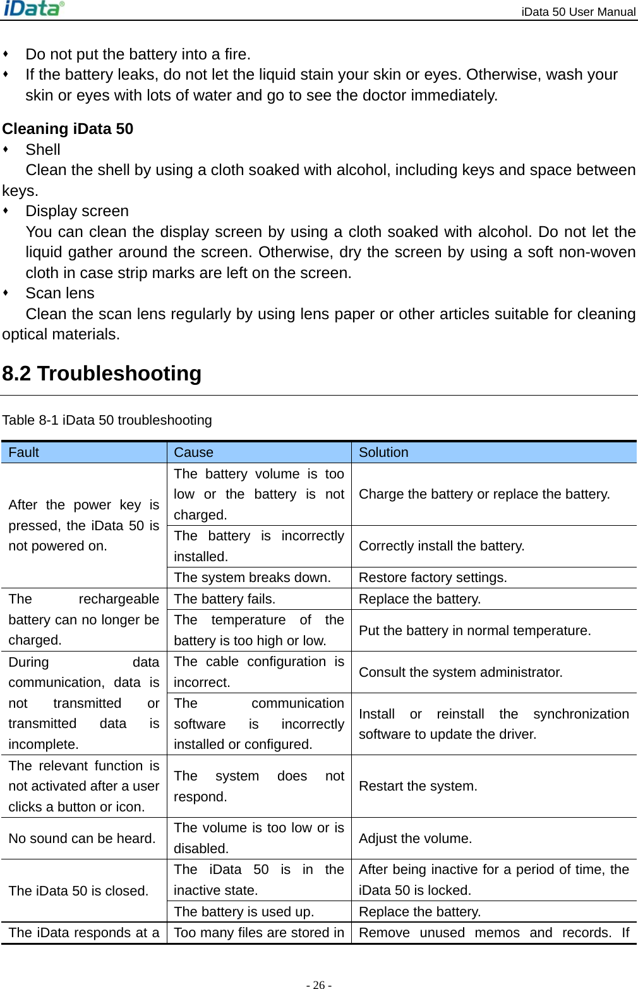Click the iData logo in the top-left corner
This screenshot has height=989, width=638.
pos(34,9)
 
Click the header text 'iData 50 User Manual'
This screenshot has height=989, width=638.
pos(578,11)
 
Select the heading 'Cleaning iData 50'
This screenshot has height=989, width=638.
pos(68,129)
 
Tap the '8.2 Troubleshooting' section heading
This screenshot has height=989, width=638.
pos(102,373)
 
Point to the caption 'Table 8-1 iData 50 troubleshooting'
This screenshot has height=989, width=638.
pos(107,420)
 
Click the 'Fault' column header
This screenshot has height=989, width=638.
pos(24,452)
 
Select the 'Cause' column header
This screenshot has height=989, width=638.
pos(193,452)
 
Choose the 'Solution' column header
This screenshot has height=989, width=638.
pos(383,452)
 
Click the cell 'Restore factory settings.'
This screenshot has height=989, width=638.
pos(433,578)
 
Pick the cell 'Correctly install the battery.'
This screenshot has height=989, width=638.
pos(442,546)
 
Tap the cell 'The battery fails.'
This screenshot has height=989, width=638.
pos(224,599)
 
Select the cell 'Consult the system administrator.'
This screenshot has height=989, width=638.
pos(460,672)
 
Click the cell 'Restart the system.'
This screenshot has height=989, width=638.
pos(418,786)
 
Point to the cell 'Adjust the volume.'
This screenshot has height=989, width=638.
pos(415,839)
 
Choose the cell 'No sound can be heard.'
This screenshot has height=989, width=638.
pos(82,839)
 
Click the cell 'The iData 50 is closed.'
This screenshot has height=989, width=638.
pos(78,891)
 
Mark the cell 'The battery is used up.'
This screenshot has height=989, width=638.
pos(244,912)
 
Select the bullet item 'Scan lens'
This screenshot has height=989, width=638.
pos(60,293)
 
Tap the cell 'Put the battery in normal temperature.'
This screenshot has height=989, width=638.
pos(474,631)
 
